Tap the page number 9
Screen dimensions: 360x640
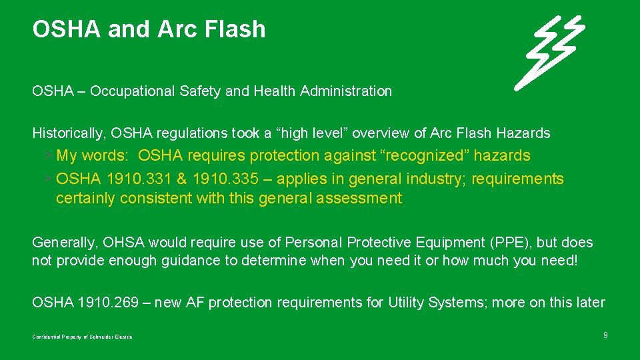(605, 335)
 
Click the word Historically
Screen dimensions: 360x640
(65, 133)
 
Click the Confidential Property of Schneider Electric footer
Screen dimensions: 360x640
(82, 337)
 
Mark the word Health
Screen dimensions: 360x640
(275, 91)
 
